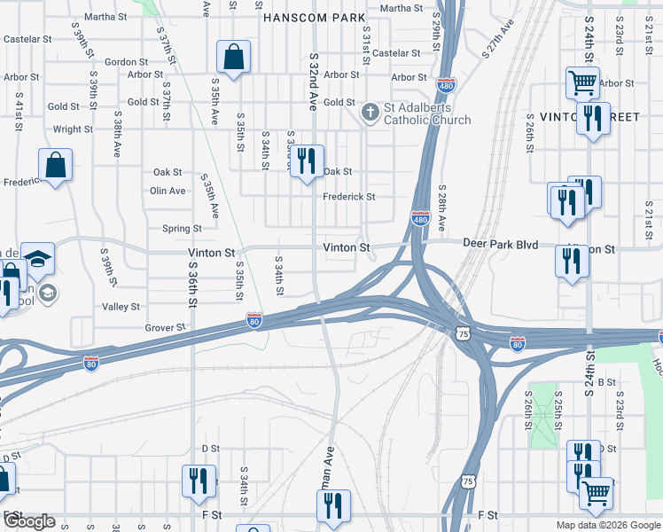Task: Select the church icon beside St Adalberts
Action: tap(370, 113)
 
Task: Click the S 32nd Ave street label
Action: tap(313, 80)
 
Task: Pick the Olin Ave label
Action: tap(168, 191)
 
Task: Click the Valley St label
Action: tap(121, 307)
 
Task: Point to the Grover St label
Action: tap(165, 327)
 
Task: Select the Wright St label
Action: tap(73, 129)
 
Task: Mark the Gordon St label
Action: tap(126, 62)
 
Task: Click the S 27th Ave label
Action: tap(498, 38)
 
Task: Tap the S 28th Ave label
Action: tap(441, 206)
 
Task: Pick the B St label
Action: tap(607, 381)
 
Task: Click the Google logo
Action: tap(29, 522)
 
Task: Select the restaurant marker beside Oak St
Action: tap(307, 161)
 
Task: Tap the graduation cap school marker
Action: tap(37, 257)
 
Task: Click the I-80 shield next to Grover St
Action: tap(254, 320)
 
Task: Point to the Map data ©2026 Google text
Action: tap(607, 525)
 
